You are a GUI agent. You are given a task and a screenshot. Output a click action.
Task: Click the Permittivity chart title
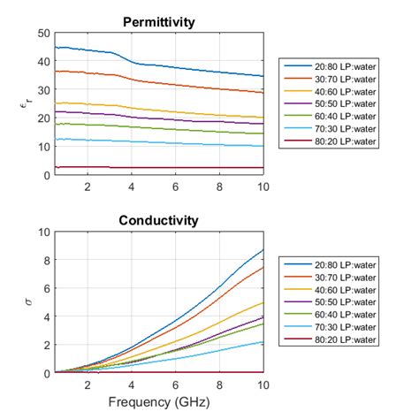(159, 21)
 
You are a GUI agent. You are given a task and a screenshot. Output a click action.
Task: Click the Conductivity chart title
(159, 220)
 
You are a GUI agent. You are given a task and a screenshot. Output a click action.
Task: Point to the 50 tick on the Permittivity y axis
(42, 34)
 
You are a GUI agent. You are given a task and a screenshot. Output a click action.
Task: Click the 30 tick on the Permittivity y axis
(42, 90)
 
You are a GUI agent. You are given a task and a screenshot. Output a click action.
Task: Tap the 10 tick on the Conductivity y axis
(42, 232)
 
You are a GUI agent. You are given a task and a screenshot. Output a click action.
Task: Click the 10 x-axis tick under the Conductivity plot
(263, 385)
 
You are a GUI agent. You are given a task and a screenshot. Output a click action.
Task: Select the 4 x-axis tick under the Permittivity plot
(131, 187)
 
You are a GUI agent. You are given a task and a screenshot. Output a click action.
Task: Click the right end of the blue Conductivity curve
(263, 250)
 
